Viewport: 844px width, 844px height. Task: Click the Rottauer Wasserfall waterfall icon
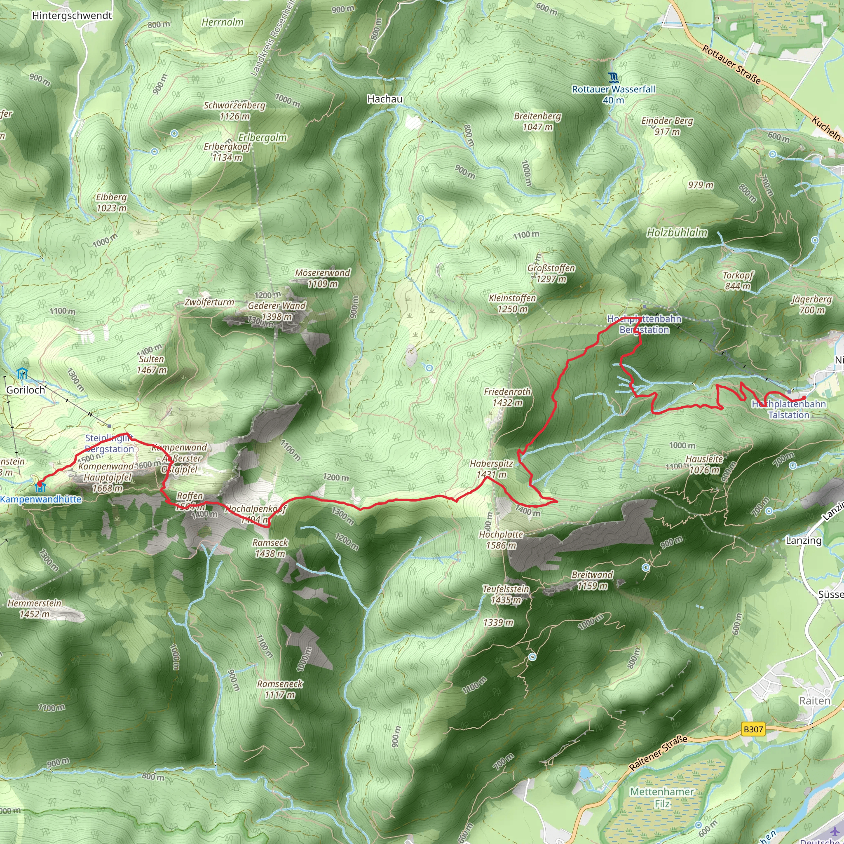613,78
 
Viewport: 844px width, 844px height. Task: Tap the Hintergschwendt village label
72,16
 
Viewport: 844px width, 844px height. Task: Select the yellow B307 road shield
753,729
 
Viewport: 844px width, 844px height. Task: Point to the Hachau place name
384,99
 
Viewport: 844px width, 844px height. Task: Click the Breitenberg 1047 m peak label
537,122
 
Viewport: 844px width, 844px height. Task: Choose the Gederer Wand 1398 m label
277,311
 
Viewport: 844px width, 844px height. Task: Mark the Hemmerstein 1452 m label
35,609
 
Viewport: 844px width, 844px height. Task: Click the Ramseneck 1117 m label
279,689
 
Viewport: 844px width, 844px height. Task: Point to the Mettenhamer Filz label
661,797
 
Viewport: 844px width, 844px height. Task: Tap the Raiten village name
814,701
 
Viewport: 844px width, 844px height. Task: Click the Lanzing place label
803,540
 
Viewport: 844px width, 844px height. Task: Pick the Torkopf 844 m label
737,281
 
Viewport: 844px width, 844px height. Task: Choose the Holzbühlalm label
677,233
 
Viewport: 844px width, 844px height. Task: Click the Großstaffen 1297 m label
551,274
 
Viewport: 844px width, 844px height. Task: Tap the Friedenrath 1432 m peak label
507,397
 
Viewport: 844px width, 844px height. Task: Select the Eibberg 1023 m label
111,203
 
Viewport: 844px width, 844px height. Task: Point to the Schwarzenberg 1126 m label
234,110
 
